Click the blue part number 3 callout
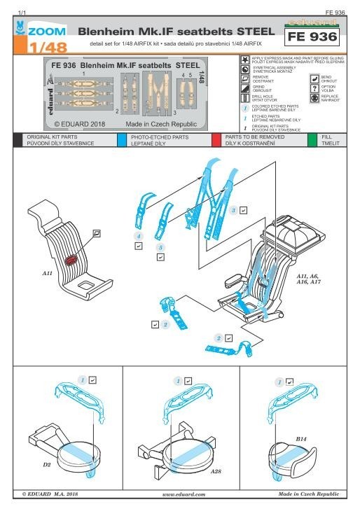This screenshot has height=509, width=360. coord(233,210)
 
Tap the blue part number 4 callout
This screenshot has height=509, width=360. coord(139,237)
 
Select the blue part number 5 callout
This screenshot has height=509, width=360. coord(160,248)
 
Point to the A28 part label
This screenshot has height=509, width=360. coord(216,471)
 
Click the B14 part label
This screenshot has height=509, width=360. coord(301,439)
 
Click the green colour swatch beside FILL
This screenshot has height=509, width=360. coord(312,141)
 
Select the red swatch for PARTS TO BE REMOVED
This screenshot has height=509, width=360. coord(216,141)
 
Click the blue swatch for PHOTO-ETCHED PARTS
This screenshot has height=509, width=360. coord(121,141)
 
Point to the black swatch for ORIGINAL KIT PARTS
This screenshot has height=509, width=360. coord(18,141)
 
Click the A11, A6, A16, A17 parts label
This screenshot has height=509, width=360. coord(311,279)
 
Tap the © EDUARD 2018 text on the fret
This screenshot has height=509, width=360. coord(78,123)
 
